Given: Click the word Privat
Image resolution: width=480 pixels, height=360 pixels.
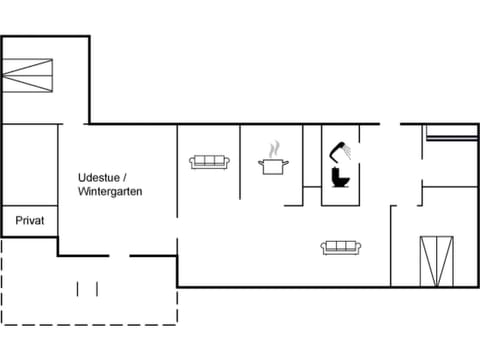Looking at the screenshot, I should pyautogui.click(x=29, y=220).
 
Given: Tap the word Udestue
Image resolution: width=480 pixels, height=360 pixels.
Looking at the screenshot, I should pyautogui.click(x=98, y=177).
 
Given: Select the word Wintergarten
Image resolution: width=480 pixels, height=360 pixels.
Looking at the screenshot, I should pyautogui.click(x=111, y=190).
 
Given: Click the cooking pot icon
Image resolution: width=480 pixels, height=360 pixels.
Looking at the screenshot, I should pyautogui.click(x=274, y=165).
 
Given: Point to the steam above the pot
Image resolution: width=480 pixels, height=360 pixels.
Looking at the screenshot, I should pyautogui.click(x=273, y=149).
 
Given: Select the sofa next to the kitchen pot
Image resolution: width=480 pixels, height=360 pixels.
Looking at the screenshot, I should pyautogui.click(x=210, y=161).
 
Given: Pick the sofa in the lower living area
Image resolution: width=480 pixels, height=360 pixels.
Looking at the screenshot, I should pyautogui.click(x=340, y=247).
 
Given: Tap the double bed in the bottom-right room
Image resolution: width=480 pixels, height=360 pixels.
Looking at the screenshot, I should pyautogui.click(x=436, y=259).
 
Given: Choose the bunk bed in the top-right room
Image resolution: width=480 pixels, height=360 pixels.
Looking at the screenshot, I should pyautogui.click(x=451, y=136).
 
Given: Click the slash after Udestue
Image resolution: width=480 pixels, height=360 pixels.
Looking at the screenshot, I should pyautogui.click(x=125, y=177).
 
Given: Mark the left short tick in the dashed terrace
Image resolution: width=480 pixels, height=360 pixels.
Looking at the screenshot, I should pyautogui.click(x=79, y=289).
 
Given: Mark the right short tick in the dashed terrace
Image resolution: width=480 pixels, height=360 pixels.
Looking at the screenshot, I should pyautogui.click(x=97, y=289).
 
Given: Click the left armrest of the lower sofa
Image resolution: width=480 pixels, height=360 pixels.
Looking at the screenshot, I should pyautogui.click(x=324, y=248).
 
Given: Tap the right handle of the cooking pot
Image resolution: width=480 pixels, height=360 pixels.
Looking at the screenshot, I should pyautogui.click(x=288, y=161).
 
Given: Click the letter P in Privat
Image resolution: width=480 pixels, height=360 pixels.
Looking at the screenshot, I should pyautogui.click(x=19, y=220).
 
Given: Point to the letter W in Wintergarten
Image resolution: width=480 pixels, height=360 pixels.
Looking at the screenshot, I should pyautogui.click(x=82, y=190).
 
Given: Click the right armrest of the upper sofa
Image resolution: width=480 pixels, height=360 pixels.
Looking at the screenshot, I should pyautogui.click(x=227, y=162).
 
